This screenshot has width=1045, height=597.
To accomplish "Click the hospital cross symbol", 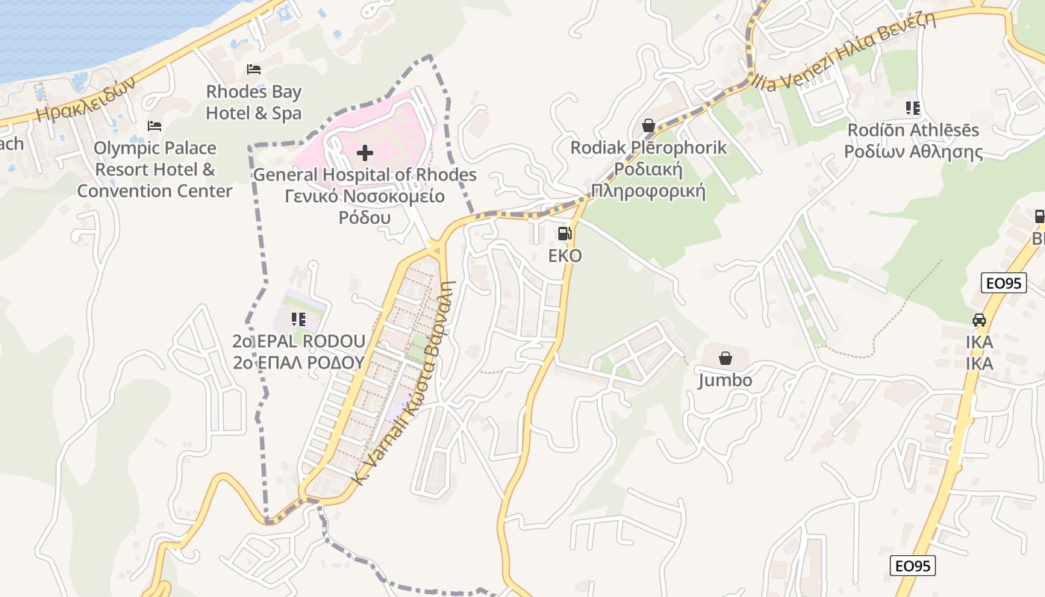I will pyautogui.click(x=365, y=154).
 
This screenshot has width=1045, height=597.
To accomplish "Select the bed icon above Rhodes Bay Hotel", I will pyautogui.click(x=254, y=69).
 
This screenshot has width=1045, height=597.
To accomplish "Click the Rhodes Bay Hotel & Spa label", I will pyautogui.click(x=254, y=102).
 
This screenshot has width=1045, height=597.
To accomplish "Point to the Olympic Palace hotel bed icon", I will pyautogui.click(x=155, y=125).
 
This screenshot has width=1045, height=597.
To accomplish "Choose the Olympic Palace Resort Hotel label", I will pyautogui.click(x=155, y=169).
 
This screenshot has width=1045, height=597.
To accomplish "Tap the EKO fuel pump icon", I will pyautogui.click(x=565, y=234).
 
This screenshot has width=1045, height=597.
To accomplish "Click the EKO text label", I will pyautogui.click(x=565, y=256).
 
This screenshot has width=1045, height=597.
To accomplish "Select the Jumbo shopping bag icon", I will pyautogui.click(x=725, y=358).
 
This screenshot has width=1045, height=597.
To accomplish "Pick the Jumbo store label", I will pyautogui.click(x=725, y=381).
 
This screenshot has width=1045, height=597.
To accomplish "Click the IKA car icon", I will pyautogui.click(x=979, y=320).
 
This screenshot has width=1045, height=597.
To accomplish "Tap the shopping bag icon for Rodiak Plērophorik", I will pyautogui.click(x=648, y=125).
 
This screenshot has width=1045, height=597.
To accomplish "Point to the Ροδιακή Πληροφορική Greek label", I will pyautogui.click(x=649, y=179).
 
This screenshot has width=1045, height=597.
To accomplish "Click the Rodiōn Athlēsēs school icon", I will pyautogui.click(x=912, y=108).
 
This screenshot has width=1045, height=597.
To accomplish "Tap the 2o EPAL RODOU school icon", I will pyautogui.click(x=299, y=319).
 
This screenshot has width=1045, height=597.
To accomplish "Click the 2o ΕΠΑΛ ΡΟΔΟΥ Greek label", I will pyautogui.click(x=299, y=363).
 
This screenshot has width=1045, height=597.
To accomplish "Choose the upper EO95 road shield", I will pyautogui.click(x=1004, y=283).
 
